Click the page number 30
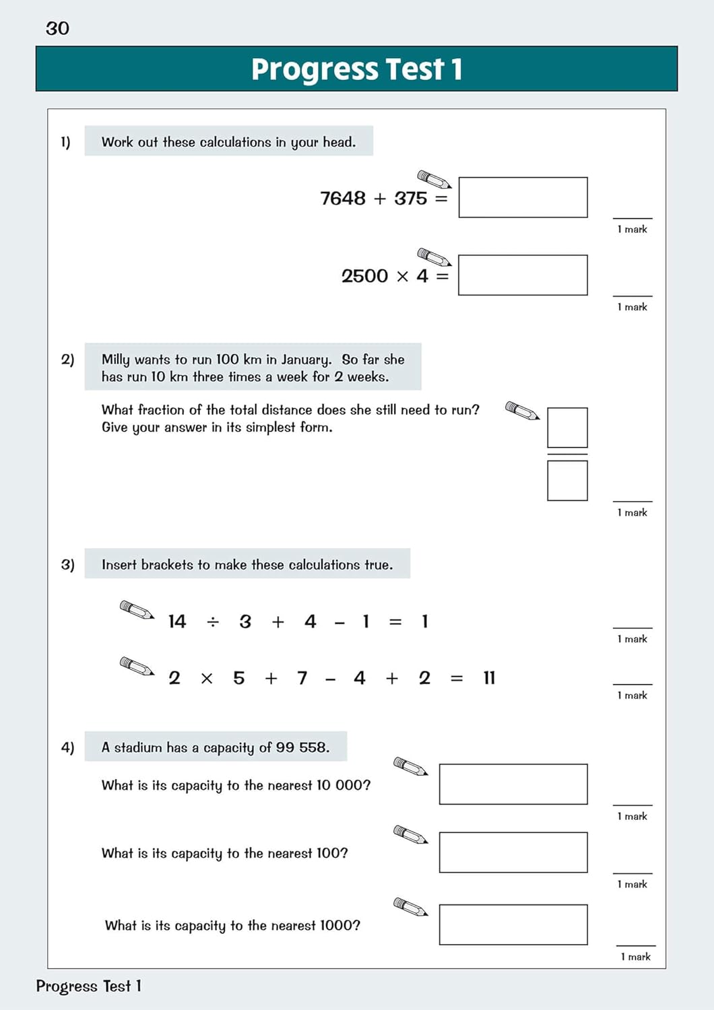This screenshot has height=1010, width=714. (57, 28)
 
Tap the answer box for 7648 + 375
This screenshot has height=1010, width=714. (523, 197)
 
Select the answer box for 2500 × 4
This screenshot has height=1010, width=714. (523, 275)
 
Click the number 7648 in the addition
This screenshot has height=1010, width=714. (342, 199)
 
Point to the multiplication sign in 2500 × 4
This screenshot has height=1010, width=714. (402, 277)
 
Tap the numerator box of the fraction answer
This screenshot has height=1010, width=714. (567, 428)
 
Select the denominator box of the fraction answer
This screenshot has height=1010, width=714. (567, 481)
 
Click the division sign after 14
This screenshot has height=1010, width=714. (213, 622)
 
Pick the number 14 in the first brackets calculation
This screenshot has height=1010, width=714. (177, 621)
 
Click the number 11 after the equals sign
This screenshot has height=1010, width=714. (489, 678)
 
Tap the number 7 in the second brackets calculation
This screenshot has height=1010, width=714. (302, 678)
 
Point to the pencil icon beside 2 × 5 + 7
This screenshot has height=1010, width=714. (137, 666)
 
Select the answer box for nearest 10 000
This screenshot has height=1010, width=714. (513, 784)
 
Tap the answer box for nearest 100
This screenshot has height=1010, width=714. (513, 852)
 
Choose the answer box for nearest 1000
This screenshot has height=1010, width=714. (513, 924)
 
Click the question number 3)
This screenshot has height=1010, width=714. (67, 564)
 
